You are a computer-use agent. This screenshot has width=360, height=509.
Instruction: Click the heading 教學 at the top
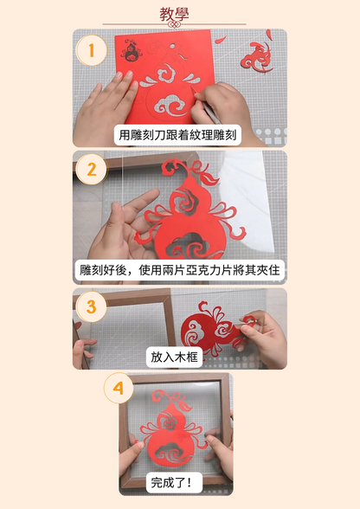point(174,14)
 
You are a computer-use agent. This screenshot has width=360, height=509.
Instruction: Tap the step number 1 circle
point(91,50)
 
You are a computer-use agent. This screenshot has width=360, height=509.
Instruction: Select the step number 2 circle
point(92,170)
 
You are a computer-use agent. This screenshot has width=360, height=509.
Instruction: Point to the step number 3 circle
point(91,306)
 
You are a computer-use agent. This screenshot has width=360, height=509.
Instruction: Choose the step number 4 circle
point(119,388)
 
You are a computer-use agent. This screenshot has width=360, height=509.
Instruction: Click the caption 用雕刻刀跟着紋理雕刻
point(177,135)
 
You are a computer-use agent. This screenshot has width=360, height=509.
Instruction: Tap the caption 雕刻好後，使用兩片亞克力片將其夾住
point(179,270)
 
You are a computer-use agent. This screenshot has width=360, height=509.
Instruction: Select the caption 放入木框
point(174,357)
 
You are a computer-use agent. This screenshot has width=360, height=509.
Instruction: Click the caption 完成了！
point(174,483)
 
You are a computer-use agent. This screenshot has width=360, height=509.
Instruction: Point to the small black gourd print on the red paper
point(131,50)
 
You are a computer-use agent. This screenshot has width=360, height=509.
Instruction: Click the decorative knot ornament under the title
point(174,24)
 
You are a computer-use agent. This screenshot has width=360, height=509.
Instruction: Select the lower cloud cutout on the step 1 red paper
point(170,105)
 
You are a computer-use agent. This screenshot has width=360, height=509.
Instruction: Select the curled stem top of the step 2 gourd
point(177,165)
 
